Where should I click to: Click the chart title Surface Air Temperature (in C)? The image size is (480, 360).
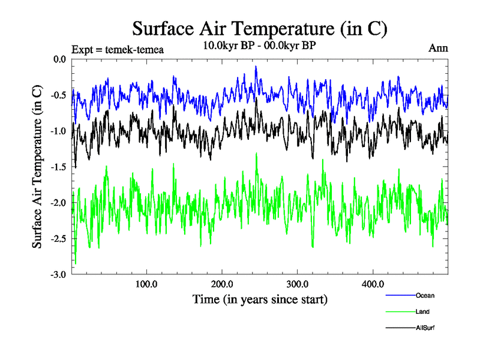click(x=260, y=28)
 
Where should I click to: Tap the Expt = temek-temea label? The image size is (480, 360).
click(x=117, y=49)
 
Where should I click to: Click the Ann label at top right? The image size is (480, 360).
click(x=438, y=47)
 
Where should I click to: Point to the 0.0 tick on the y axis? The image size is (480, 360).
click(x=59, y=59)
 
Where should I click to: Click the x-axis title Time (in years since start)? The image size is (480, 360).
click(x=260, y=299)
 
